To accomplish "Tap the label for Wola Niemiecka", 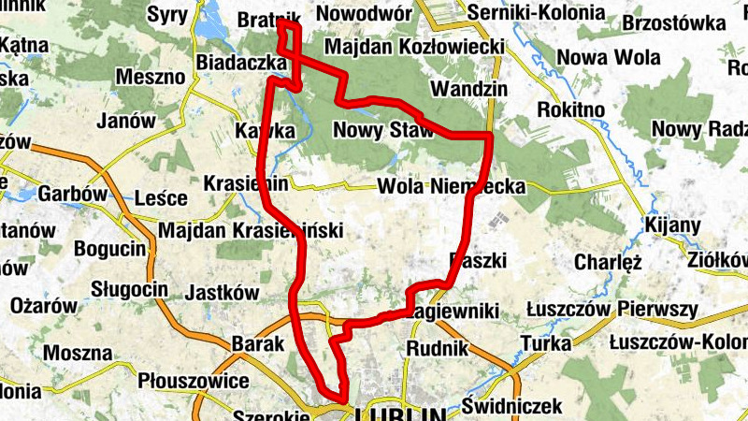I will [x=452, y=186].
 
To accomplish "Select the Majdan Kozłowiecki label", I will [x=415, y=46].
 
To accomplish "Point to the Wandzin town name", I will [x=468, y=89].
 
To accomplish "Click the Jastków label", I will [x=222, y=293].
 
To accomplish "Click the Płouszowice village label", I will [x=193, y=382].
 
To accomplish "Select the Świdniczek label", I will [x=511, y=406].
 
